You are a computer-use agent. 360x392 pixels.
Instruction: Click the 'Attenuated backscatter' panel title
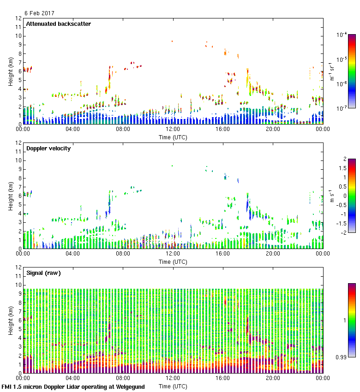pos(58,24)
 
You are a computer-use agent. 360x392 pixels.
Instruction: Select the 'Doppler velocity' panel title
pos(48,148)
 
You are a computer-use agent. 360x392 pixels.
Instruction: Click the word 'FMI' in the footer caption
pos(7,387)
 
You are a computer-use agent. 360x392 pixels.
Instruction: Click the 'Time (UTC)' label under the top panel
pos(173,137)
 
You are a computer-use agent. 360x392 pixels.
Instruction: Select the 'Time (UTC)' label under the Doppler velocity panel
pos(173,261)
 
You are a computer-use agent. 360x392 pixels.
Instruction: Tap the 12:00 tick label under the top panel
pos(173,130)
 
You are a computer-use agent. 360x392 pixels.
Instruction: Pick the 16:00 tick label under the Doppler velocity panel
pos(223,254)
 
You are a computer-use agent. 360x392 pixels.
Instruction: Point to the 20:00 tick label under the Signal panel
pos(273,378)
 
